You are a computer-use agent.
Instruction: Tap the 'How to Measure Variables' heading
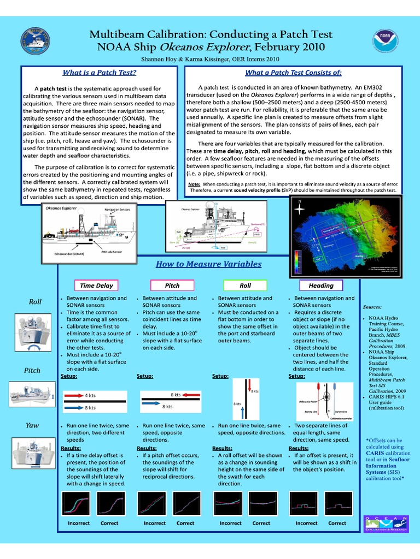(x=208, y=264)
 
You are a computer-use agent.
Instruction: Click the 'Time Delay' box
(x=96, y=286)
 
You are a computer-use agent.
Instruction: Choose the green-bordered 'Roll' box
(x=245, y=286)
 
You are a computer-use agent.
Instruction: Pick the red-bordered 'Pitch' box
(x=172, y=286)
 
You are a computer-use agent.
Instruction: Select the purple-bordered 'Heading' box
(x=321, y=286)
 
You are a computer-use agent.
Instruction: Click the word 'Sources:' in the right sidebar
(x=372, y=307)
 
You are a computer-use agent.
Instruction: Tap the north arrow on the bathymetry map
(x=300, y=206)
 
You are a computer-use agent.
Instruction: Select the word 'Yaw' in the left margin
(x=33, y=425)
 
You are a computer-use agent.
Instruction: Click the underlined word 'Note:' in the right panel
(x=194, y=185)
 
